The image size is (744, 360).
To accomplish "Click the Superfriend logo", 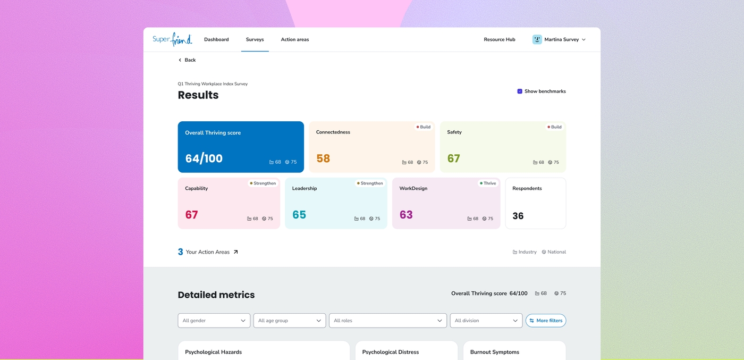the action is [x=172, y=39].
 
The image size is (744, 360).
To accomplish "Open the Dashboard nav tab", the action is [x=216, y=39].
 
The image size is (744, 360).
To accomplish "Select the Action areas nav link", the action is [x=294, y=39].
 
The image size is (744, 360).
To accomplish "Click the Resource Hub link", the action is [x=499, y=39].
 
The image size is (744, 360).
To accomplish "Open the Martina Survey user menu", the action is [x=559, y=39].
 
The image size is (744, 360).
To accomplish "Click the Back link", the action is [x=187, y=60].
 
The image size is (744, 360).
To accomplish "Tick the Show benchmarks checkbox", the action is [x=520, y=91].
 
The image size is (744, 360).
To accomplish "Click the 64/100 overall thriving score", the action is [x=204, y=158].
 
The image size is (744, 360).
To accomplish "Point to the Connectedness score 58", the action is [x=323, y=158].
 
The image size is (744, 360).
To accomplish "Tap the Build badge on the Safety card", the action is [x=554, y=127].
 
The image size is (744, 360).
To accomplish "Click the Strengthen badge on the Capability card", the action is [x=263, y=183].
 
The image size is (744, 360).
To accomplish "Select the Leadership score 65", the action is [x=299, y=214].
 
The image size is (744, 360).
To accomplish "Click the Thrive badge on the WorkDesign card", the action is [x=488, y=183].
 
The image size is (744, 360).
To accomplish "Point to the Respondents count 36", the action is [x=518, y=216].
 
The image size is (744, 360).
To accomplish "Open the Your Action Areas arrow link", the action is [x=235, y=252].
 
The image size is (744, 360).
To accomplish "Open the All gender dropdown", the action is [x=214, y=321].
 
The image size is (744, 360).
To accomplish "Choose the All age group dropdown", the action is [x=290, y=321].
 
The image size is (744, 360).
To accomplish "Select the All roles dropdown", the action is [x=387, y=321].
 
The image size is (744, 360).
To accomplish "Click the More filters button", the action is [x=546, y=321].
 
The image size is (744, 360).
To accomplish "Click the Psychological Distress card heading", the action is [x=390, y=351].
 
